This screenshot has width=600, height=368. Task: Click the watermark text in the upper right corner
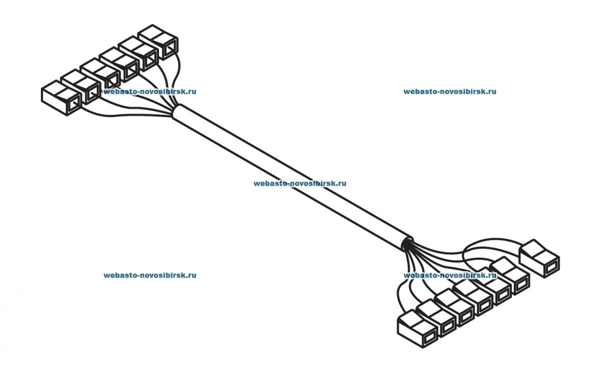[449, 92]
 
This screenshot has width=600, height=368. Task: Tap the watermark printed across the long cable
[299, 183]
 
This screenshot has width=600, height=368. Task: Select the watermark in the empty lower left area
[149, 275]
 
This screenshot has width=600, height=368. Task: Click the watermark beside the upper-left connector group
[149, 92]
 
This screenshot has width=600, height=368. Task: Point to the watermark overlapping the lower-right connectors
[449, 275]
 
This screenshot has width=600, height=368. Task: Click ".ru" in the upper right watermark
[490, 92]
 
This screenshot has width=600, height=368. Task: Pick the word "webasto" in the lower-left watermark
[118, 275]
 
